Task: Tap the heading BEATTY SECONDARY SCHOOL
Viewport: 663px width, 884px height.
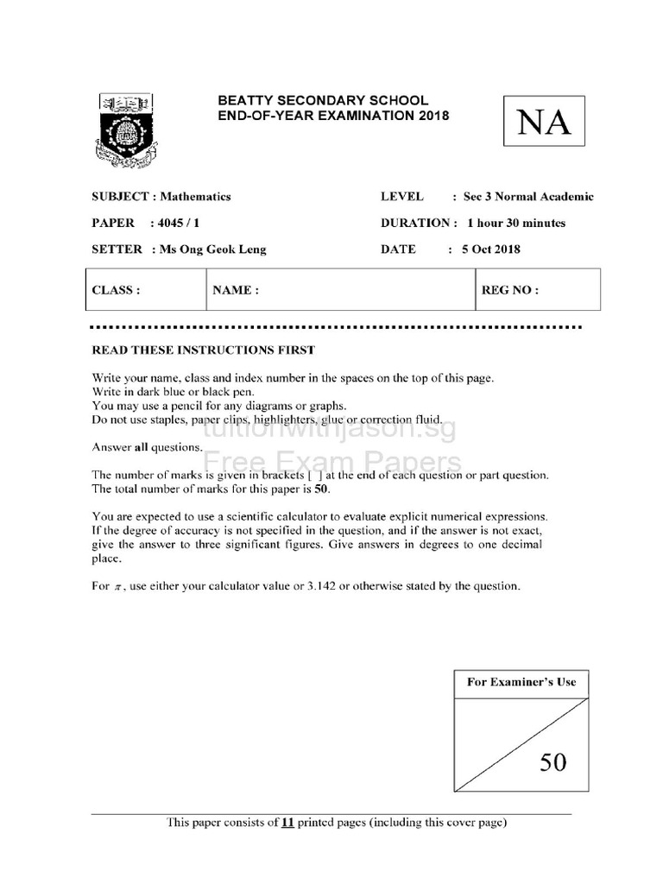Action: [323, 101]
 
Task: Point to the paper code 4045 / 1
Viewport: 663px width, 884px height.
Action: [174, 223]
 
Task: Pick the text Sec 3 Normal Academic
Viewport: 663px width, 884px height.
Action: [528, 197]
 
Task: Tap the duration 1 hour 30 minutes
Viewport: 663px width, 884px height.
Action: [516, 223]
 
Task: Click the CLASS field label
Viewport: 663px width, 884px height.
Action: [116, 290]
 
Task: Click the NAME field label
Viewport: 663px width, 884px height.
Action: [236, 290]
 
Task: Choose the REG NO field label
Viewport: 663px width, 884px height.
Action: [509, 290]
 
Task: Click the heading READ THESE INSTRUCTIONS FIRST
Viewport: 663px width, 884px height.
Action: [204, 350]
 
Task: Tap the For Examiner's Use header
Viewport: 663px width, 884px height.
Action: [521, 682]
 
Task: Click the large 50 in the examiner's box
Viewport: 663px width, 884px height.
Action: [553, 761]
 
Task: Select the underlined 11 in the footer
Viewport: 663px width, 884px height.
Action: [288, 823]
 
